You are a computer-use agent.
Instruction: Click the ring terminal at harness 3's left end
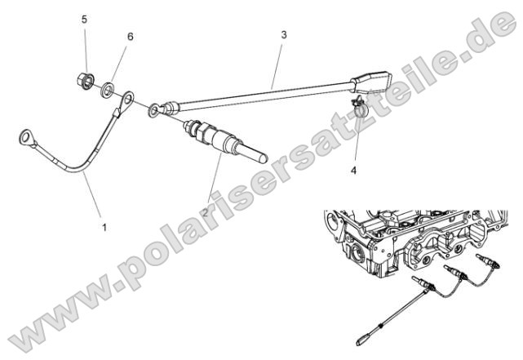[154, 109]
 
